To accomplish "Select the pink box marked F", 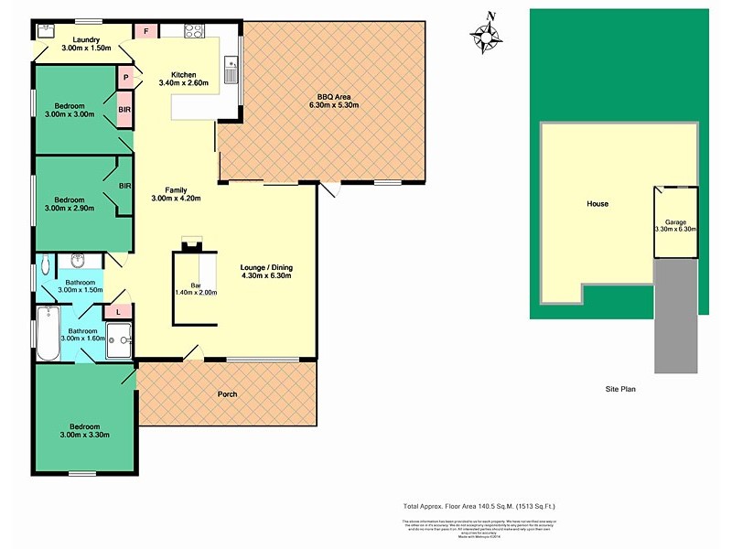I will (146, 31).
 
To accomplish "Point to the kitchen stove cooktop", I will (193, 30).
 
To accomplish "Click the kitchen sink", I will (232, 64).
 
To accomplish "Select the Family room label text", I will (168, 189).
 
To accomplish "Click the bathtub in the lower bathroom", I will (46, 333).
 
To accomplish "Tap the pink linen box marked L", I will (118, 312).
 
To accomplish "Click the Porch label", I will (227, 394).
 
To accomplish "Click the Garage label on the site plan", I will (675, 221).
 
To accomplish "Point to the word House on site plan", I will (597, 204).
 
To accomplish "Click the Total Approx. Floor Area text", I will (479, 506).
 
